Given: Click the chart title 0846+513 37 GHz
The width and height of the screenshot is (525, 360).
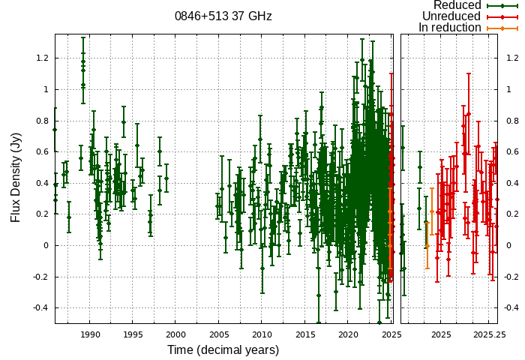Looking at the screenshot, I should click(223, 16).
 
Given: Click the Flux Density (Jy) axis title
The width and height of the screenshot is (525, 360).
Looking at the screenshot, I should click(16, 177).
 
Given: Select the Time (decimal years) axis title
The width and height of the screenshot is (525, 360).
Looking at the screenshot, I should click(223, 350).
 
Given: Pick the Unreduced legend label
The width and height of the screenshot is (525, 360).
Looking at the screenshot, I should click(451, 16).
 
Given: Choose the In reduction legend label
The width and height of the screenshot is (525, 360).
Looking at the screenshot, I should click(449, 28).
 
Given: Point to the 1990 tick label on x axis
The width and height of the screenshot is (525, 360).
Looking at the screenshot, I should click(90, 334).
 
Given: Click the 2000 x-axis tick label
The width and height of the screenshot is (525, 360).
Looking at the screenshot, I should click(175, 334).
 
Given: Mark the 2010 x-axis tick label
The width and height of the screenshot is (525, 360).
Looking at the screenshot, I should click(262, 334).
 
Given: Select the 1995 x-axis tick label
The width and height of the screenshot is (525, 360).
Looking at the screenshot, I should click(133, 334).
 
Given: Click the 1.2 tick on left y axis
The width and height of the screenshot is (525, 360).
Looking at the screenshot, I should click(42, 58).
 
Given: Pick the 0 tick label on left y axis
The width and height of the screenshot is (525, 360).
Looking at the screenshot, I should click(46, 245).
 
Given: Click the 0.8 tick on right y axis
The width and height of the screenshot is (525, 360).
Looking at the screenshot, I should click(511, 120).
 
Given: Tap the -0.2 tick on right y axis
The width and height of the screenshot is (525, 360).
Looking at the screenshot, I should click(512, 277).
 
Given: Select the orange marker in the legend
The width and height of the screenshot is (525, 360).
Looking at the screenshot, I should click(502, 28).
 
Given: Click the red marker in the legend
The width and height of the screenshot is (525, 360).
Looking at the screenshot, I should click(502, 16).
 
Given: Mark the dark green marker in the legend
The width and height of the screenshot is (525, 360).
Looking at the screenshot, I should click(502, 5).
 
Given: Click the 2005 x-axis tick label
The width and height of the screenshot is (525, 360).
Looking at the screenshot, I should click(219, 334).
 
